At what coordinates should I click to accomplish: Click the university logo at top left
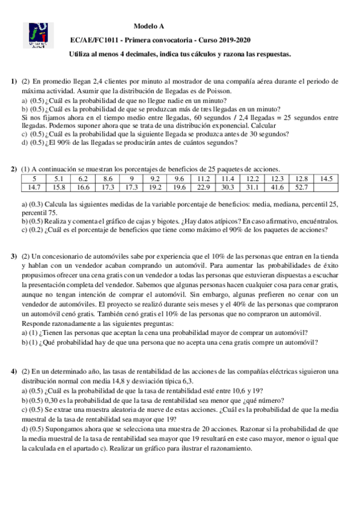[40, 35]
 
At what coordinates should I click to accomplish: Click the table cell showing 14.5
[326, 162]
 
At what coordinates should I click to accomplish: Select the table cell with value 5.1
[59, 162]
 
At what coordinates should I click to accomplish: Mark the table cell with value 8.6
[108, 162]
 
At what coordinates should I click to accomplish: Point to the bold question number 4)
[13, 371]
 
